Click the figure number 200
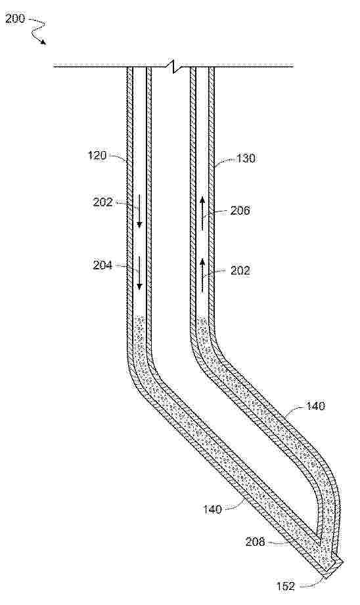point(14,18)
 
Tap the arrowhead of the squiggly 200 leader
point(44,42)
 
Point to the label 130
point(246,158)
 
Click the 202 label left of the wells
point(102,202)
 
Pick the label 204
point(102,265)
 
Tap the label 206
point(240,210)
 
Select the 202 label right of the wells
point(240,271)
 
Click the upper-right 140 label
point(315,406)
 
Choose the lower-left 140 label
point(213,509)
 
